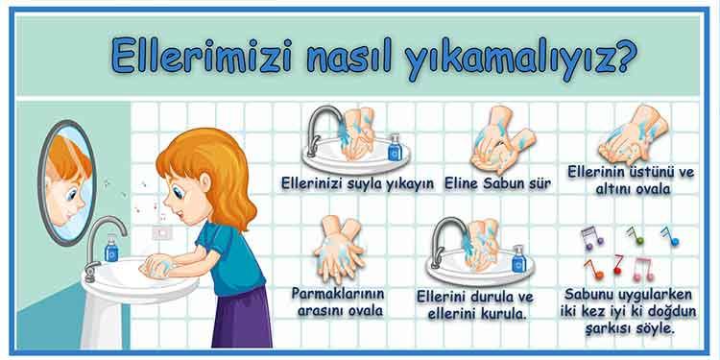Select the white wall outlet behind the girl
pyautogui.click(x=162, y=231)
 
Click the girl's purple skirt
pyautogui.click(x=242, y=317)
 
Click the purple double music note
pyautogui.click(x=592, y=236)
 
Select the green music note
pyautogui.click(x=635, y=234)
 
